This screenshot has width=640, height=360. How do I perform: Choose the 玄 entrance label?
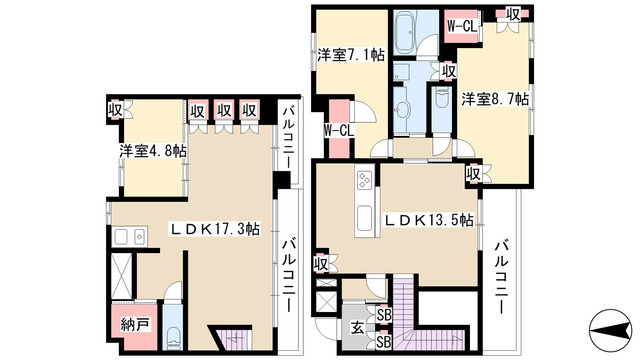click(x=356, y=325)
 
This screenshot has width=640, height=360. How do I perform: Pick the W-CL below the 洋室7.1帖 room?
click(x=338, y=128)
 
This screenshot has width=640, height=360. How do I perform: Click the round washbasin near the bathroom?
click(x=407, y=107)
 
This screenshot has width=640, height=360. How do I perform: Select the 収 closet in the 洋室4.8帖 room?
click(x=117, y=109)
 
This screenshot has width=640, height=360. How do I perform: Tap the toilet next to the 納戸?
click(x=172, y=334)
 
